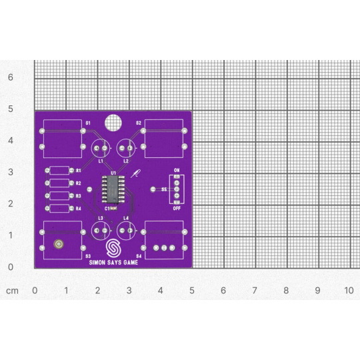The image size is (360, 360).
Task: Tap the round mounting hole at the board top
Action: [114, 123]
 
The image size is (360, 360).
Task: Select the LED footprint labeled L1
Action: [101, 148]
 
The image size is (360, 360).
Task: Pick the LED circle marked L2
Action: [126, 148]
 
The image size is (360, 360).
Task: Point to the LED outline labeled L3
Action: [101, 231]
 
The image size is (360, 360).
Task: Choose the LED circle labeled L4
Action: [127, 231]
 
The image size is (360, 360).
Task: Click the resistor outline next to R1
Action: [60, 171]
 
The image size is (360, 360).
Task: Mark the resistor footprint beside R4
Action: [60, 209]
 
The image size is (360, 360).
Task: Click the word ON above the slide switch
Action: [177, 171]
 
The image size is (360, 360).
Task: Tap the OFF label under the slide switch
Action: [177, 208]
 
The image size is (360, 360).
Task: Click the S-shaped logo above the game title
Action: [115, 248]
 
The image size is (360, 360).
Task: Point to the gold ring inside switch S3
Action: [59, 245]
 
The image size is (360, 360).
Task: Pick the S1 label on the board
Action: [88, 123]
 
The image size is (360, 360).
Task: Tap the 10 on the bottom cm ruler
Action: [348, 291]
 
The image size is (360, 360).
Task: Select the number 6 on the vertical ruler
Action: [10, 77]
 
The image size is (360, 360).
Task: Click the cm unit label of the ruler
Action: [12, 291]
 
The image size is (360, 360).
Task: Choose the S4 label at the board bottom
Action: [139, 256]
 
